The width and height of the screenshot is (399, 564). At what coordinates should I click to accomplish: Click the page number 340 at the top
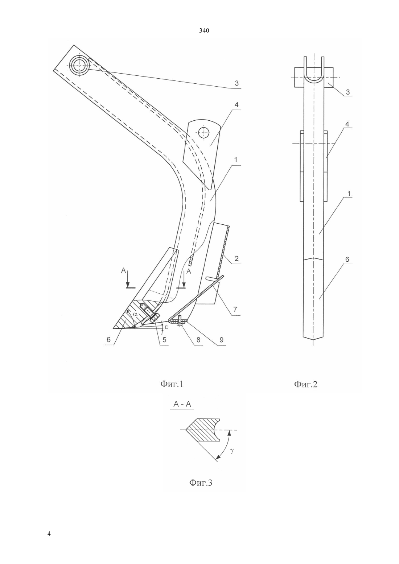click(x=204, y=31)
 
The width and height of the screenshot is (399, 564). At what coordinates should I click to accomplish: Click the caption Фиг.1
click(x=172, y=384)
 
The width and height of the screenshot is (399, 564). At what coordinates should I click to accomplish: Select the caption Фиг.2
click(x=306, y=384)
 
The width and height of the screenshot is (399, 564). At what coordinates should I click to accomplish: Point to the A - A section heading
click(x=182, y=404)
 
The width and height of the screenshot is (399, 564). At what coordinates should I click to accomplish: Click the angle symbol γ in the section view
click(x=232, y=451)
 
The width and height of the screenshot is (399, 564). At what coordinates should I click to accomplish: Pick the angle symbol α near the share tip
click(x=135, y=314)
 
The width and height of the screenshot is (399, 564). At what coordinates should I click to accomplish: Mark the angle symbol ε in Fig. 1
click(x=166, y=327)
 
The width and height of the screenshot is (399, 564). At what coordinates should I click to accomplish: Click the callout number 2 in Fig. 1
click(x=236, y=258)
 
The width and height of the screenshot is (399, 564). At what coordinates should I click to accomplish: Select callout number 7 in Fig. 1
click(x=235, y=309)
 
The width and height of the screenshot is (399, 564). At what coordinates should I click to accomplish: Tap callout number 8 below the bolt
click(x=198, y=340)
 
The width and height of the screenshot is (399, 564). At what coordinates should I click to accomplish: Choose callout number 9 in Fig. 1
click(x=221, y=340)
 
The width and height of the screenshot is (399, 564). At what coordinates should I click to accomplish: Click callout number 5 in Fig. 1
click(x=164, y=340)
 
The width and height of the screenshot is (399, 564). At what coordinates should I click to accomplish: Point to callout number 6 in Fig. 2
click(x=347, y=259)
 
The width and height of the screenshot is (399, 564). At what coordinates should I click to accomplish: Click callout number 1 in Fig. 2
click(x=349, y=194)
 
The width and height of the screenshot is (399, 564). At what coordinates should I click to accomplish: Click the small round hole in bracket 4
click(x=204, y=132)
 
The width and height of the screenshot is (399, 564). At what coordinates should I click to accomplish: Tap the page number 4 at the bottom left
click(x=49, y=534)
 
